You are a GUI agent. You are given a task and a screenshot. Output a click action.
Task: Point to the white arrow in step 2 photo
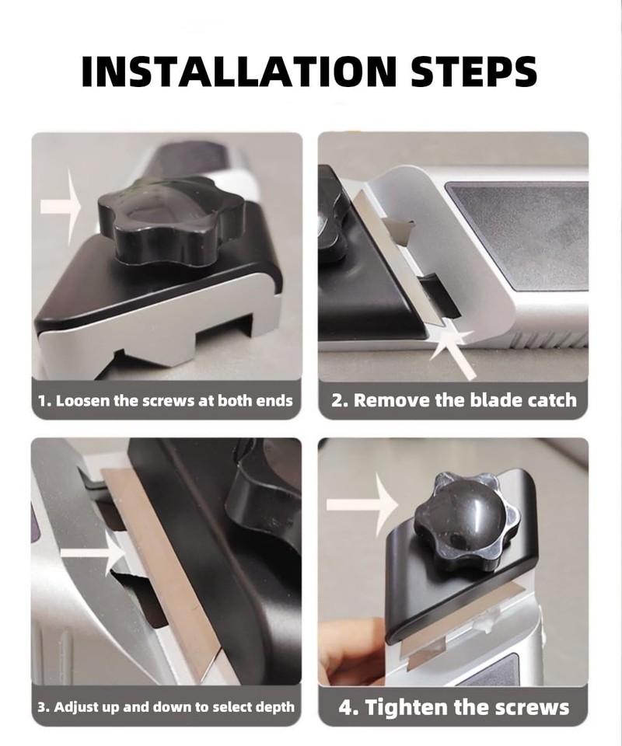coord(458,350)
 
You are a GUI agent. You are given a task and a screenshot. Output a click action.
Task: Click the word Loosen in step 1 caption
coord(83,402)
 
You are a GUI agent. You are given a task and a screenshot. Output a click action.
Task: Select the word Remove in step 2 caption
coord(393,401)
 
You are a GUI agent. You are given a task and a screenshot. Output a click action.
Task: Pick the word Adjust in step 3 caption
coord(79,706)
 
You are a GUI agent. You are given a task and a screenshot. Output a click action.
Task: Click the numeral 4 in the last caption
coord(347,707)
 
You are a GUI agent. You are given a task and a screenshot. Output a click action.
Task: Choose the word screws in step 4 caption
coord(532,707)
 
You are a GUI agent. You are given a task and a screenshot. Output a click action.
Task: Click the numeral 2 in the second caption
coord(338,401)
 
